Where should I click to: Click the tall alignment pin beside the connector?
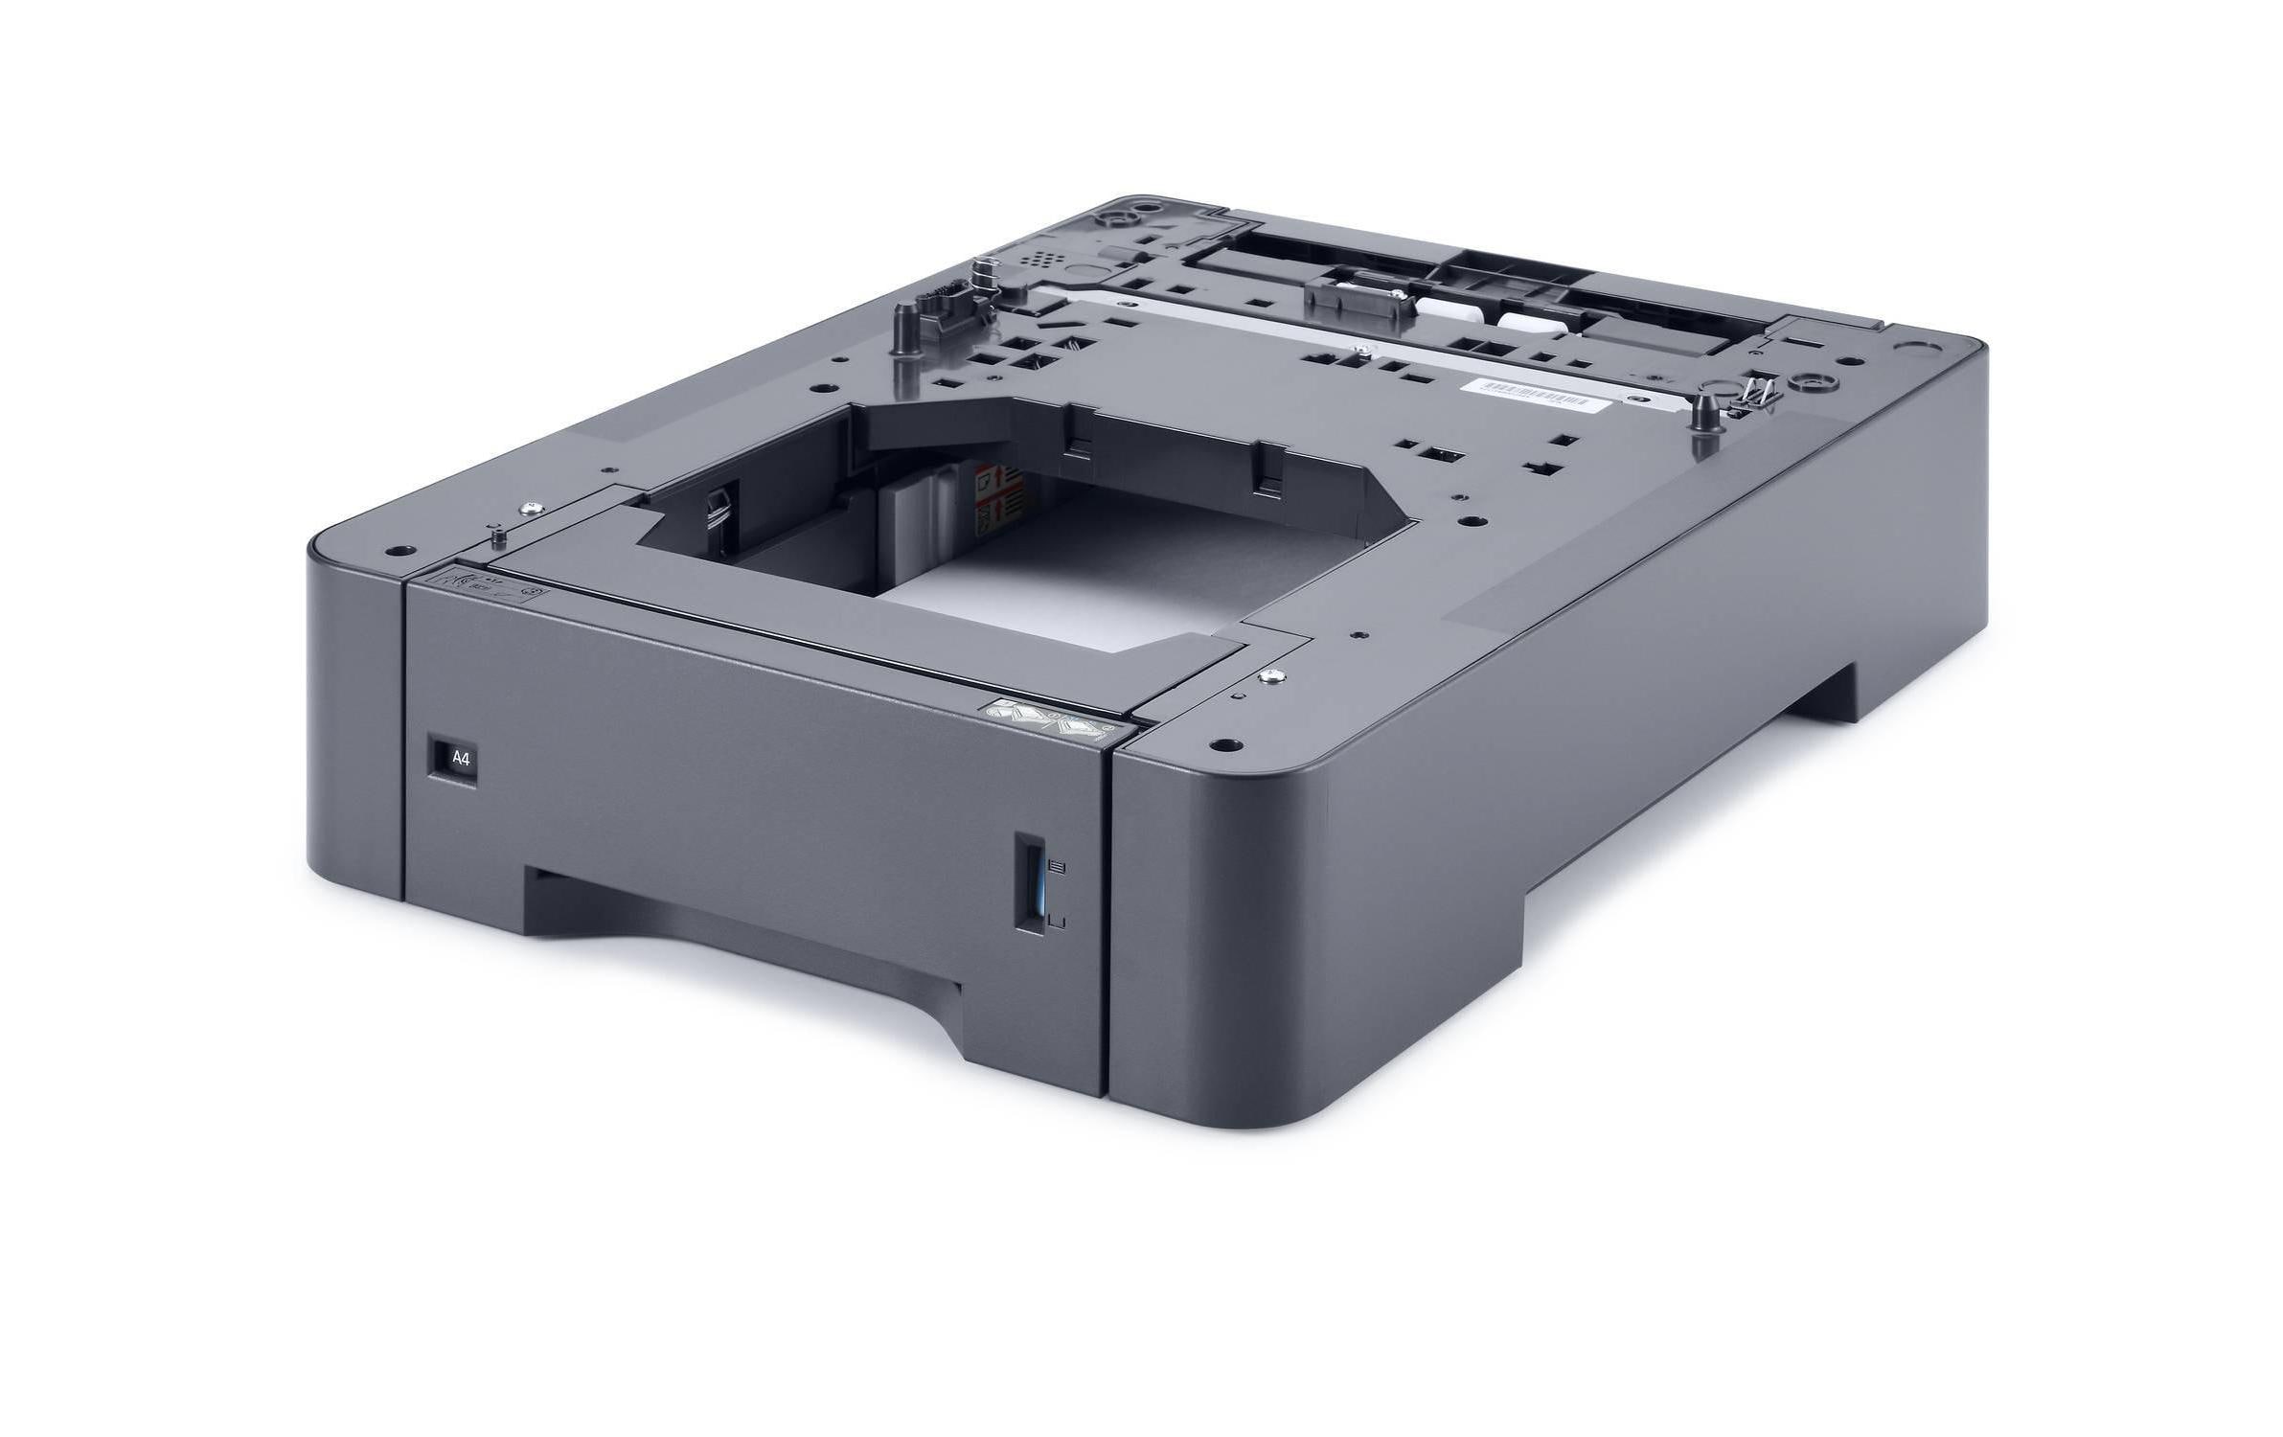902,331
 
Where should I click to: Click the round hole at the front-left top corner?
398,551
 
